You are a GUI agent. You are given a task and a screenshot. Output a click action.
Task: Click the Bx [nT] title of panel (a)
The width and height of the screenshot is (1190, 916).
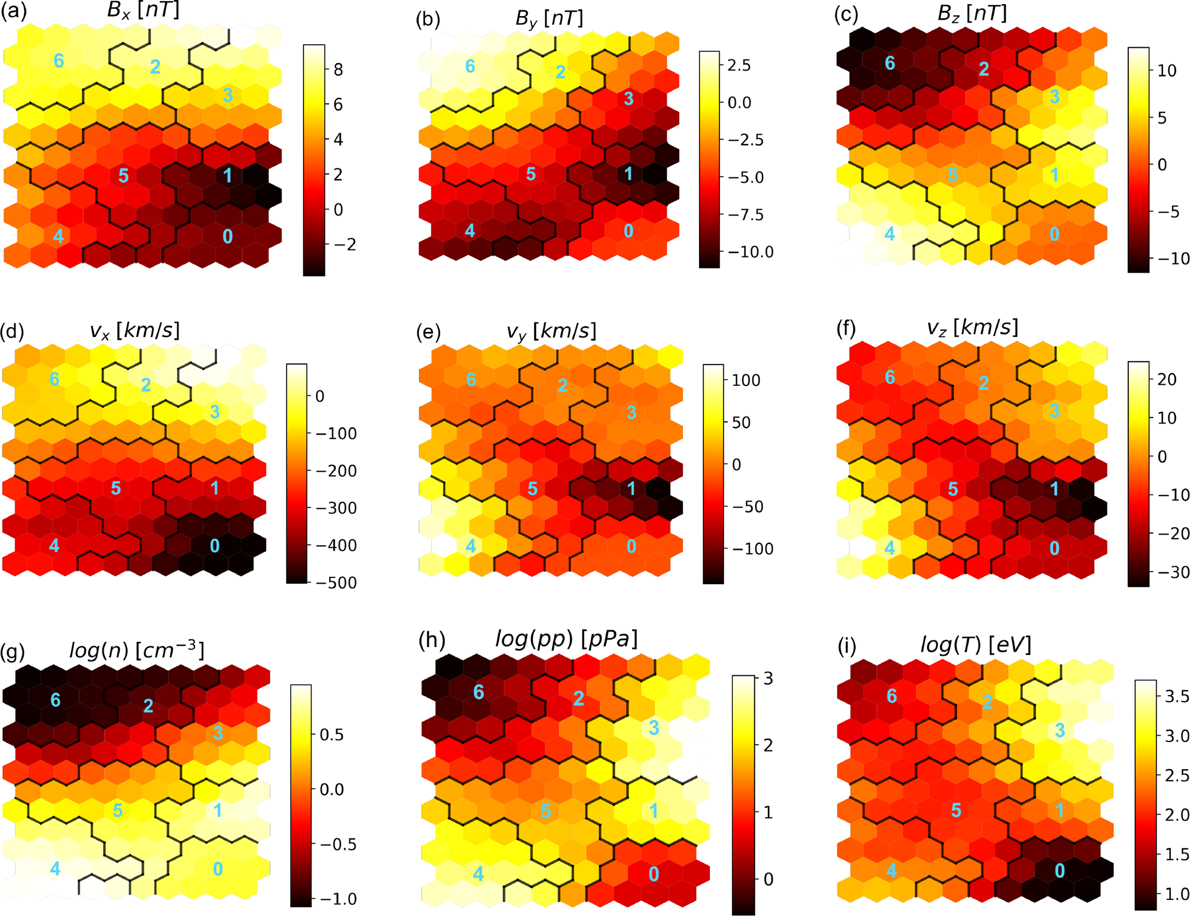pos(143,12)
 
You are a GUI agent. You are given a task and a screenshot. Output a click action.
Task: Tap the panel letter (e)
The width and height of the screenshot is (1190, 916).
pos(428,332)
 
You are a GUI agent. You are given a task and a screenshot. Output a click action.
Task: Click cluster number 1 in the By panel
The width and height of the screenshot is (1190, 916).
pos(629,173)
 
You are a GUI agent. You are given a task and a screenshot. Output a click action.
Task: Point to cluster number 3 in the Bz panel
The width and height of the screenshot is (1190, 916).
pos(1054,96)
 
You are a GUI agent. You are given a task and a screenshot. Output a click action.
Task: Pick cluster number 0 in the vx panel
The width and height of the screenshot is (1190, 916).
pos(215,545)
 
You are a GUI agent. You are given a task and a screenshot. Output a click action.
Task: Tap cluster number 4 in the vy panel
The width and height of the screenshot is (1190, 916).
pos(471,546)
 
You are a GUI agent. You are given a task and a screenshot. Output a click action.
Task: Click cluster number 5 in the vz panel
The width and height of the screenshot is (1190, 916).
pos(953,489)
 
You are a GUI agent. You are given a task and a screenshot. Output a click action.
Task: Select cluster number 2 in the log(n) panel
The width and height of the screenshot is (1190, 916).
pos(148,705)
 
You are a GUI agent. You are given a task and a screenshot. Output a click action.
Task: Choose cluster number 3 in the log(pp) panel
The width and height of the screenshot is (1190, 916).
pos(653,728)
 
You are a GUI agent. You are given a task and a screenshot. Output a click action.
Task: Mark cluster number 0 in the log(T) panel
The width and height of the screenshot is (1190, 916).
pos(1059,870)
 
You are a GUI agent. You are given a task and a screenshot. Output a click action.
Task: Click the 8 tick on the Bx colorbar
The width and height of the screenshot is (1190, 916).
pos(338,70)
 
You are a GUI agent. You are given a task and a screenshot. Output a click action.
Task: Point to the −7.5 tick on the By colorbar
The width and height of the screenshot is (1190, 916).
pos(748,215)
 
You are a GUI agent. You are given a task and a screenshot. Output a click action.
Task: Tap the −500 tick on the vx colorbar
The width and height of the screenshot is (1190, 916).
pos(337,582)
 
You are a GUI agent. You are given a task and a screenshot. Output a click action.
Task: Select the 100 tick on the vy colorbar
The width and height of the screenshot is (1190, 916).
pos(747,380)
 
